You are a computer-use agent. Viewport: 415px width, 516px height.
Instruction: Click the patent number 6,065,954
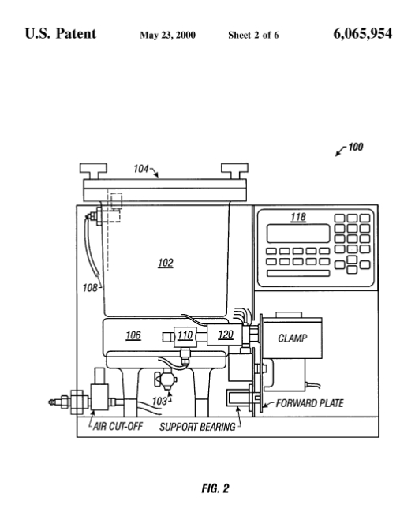[x=362, y=34]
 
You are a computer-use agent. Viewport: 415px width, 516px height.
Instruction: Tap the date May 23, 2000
[x=167, y=35]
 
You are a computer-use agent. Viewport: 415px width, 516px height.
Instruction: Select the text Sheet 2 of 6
[x=253, y=35]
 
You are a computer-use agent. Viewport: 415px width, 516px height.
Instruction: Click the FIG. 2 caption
[x=215, y=488]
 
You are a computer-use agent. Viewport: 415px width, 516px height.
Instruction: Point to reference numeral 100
[x=355, y=147]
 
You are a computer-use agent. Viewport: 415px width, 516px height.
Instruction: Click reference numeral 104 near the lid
[x=141, y=169]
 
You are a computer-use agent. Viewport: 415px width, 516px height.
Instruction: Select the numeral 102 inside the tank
[x=166, y=263]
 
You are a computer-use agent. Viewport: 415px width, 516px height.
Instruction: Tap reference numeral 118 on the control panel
[x=298, y=217]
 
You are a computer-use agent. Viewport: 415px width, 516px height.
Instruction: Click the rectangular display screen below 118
[x=298, y=234]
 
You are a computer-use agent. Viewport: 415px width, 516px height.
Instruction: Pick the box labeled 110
[x=185, y=335]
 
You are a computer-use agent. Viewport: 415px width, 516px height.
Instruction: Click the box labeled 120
[x=226, y=335]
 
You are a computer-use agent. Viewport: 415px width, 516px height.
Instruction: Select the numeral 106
[x=133, y=335]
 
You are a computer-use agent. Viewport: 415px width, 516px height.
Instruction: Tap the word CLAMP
[x=293, y=338]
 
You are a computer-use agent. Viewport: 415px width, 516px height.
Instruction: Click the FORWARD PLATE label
[x=310, y=403]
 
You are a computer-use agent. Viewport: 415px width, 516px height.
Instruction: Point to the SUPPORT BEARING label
[x=197, y=427]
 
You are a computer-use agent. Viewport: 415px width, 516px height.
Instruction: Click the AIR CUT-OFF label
[x=118, y=427]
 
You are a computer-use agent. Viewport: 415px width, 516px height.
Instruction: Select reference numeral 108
[x=90, y=288]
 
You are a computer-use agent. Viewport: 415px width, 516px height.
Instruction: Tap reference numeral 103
[x=159, y=401]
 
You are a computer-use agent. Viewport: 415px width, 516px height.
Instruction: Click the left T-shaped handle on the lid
[x=93, y=171]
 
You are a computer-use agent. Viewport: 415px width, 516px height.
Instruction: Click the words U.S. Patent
[x=61, y=34]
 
